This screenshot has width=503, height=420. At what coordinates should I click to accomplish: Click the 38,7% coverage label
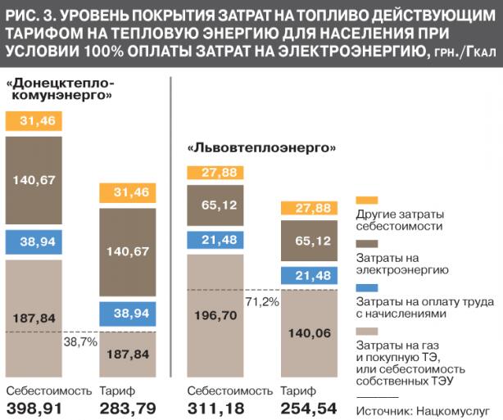pyautogui.click(x=80, y=342)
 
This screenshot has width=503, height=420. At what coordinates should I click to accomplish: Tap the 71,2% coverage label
pyautogui.click(x=262, y=301)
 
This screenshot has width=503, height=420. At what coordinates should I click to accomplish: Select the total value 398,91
pyautogui.click(x=34, y=409)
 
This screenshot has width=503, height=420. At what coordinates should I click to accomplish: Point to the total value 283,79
pyautogui.click(x=128, y=409)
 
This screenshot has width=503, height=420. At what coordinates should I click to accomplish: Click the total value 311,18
pyautogui.click(x=215, y=409)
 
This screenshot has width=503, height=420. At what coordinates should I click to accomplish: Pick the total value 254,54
pyautogui.click(x=309, y=409)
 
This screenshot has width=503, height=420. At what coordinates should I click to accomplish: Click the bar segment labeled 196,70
pyautogui.click(x=215, y=316)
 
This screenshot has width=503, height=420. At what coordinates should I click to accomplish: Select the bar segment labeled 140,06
pyautogui.click(x=309, y=333)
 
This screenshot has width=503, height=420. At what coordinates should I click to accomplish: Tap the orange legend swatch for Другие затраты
pyautogui.click(x=367, y=201)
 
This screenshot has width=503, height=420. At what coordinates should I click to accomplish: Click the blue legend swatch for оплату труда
pyautogui.click(x=367, y=287)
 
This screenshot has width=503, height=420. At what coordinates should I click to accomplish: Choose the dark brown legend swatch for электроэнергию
pyautogui.click(x=367, y=244)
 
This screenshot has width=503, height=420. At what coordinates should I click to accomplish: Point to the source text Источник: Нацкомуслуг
pyautogui.click(x=423, y=411)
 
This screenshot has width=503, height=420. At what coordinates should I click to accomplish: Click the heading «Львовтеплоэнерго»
pyautogui.click(x=261, y=148)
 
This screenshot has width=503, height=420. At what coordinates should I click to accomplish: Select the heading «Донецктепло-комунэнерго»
pyautogui.click(x=61, y=89)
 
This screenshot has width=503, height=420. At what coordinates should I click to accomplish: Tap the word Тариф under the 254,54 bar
pyautogui.click(x=298, y=391)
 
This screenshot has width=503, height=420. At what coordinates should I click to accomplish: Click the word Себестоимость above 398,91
pyautogui.click(x=49, y=391)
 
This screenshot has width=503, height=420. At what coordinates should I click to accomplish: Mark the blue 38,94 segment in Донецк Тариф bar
pyautogui.click(x=128, y=314)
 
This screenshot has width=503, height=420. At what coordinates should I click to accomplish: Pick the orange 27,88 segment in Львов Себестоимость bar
pyautogui.click(x=215, y=173)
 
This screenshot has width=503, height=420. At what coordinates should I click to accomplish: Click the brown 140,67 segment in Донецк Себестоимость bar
pyautogui.click(x=34, y=180)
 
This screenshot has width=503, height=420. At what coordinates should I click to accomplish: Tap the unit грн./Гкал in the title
pyautogui.click(x=465, y=52)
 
